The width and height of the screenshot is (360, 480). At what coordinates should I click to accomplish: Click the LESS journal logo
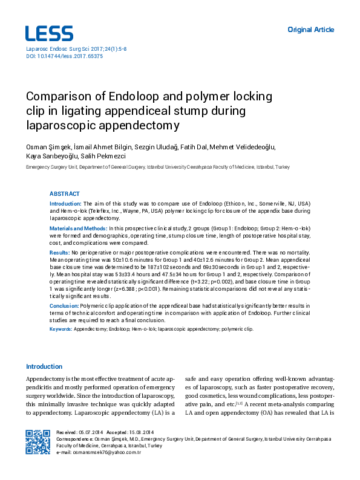[x=49, y=33]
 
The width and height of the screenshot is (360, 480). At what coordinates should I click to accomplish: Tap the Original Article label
[x=310, y=30]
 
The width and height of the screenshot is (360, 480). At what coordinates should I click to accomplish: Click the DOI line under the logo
[x=64, y=56]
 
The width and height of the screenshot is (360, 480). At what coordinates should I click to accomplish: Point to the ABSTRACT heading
[x=64, y=194]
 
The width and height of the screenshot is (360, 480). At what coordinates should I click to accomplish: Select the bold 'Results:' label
[x=59, y=251]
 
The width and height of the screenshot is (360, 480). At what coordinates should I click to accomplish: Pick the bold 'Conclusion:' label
[x=64, y=306]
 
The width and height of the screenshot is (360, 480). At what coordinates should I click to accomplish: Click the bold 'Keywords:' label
[x=61, y=329]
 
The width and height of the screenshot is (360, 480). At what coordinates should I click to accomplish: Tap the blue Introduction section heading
[x=44, y=367]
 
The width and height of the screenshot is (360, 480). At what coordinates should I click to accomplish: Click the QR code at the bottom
[x=38, y=441]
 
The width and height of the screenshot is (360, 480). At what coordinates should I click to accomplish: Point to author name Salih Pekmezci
[x=111, y=155]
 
